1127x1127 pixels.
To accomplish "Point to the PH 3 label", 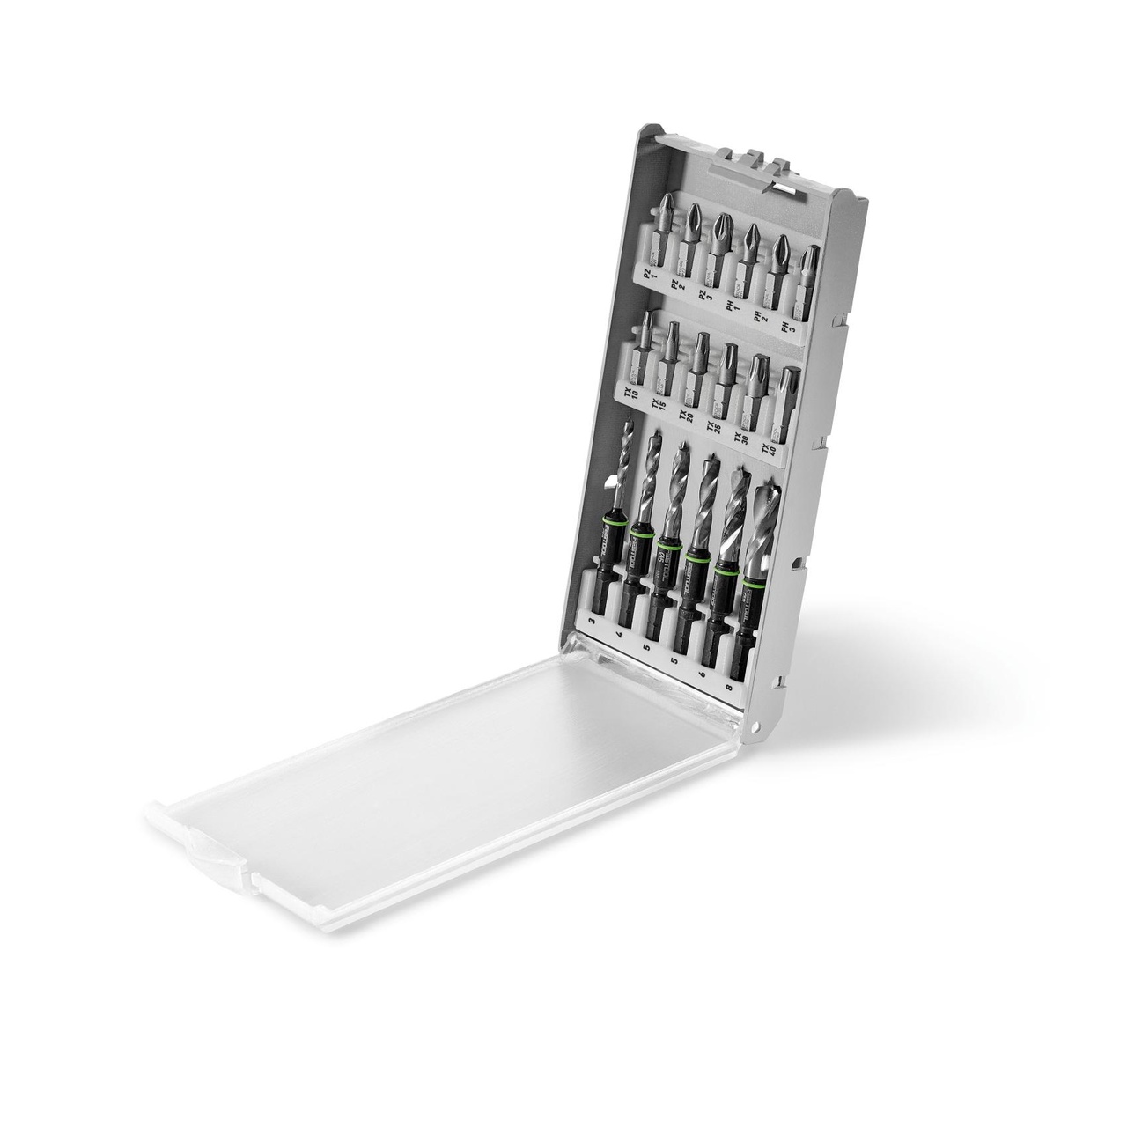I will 784,328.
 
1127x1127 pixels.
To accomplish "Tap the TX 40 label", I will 771,453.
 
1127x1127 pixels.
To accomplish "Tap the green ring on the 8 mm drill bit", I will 750,584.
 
